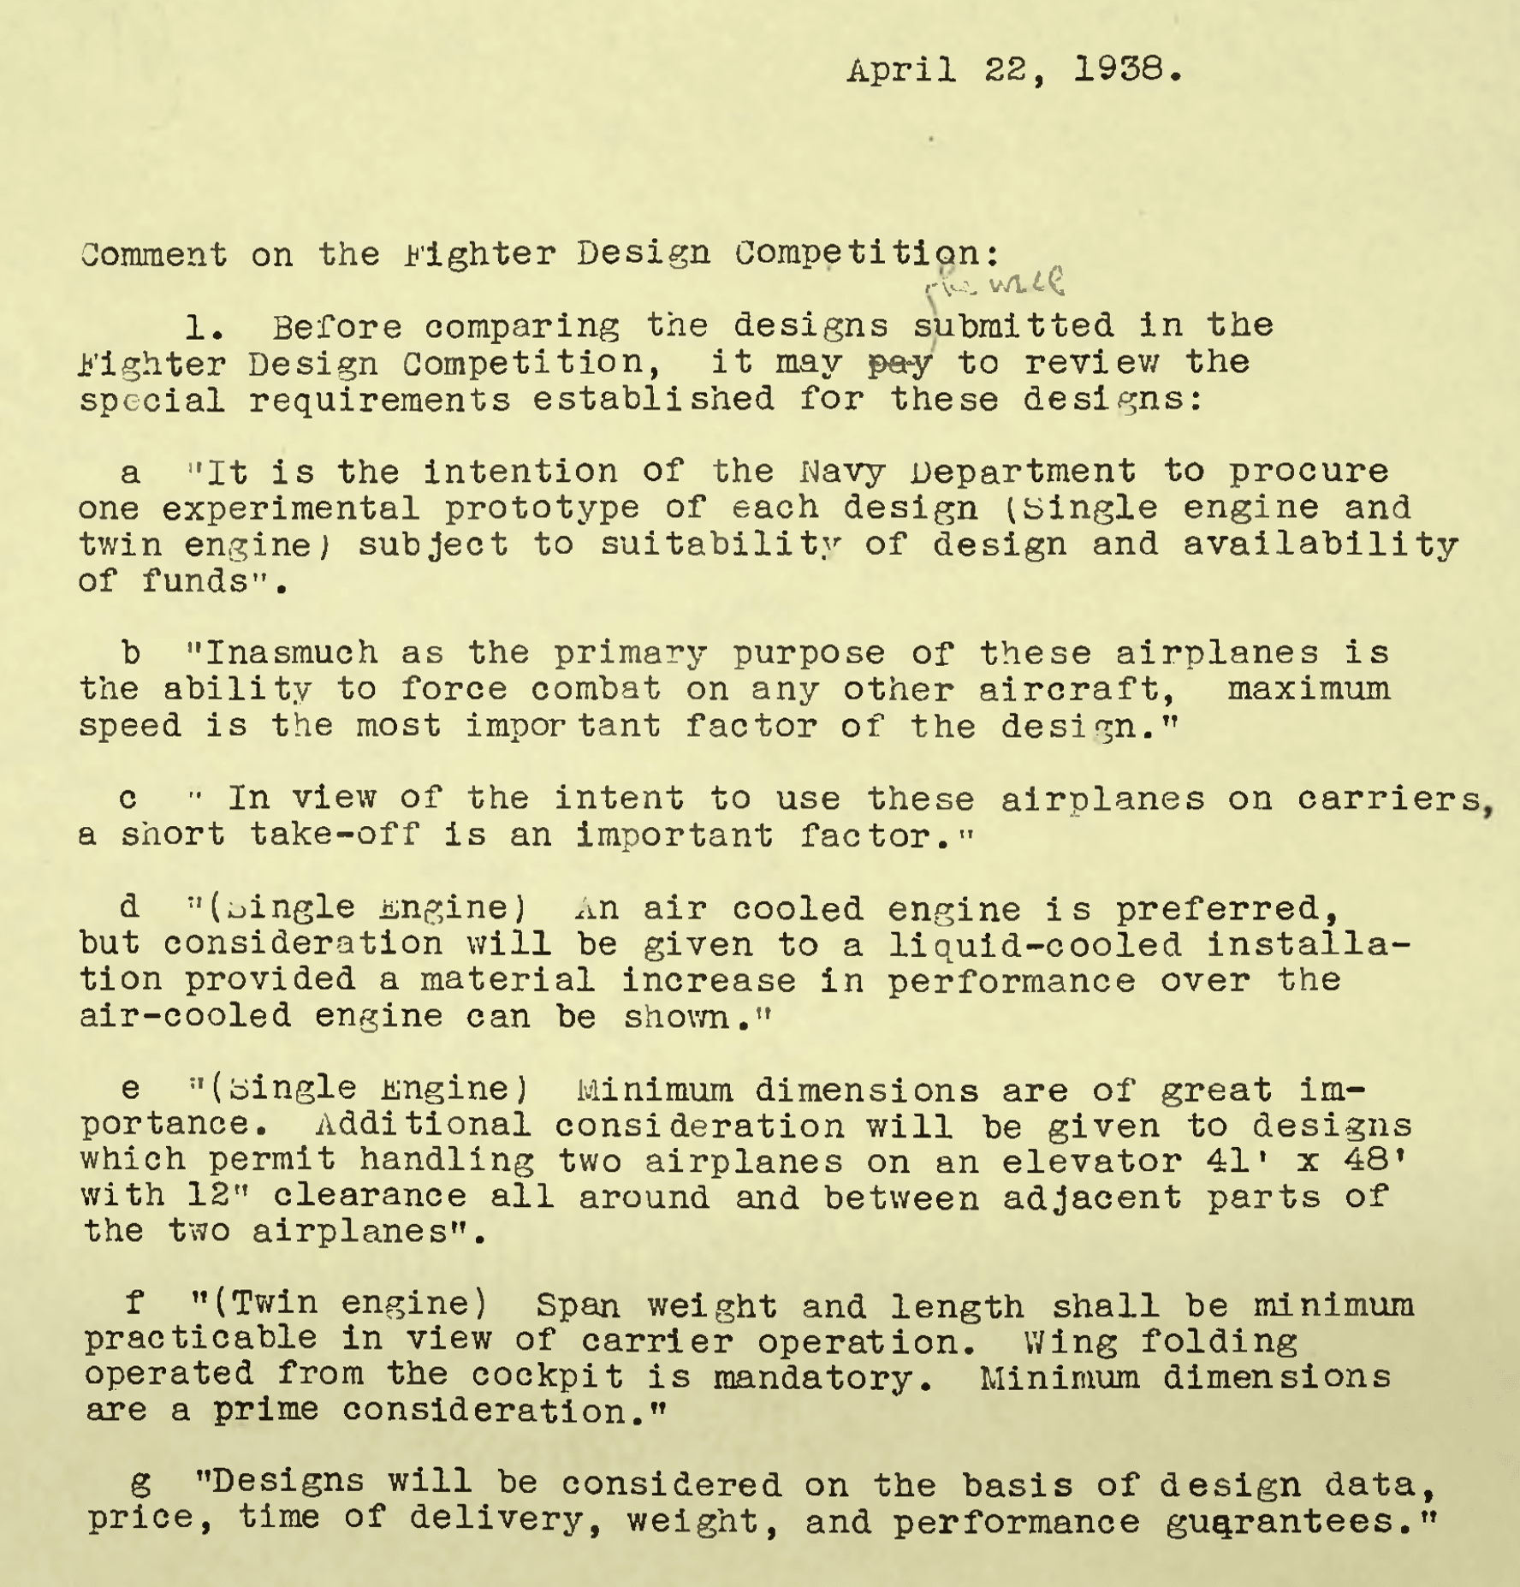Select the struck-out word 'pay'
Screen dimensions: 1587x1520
click(900, 365)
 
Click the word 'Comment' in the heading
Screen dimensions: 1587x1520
click(154, 254)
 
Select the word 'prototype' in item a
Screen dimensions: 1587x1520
click(541, 508)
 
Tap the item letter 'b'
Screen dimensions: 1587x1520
click(131, 653)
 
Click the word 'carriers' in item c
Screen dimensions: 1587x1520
click(1391, 799)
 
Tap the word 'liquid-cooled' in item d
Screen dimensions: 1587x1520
click(1035, 945)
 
